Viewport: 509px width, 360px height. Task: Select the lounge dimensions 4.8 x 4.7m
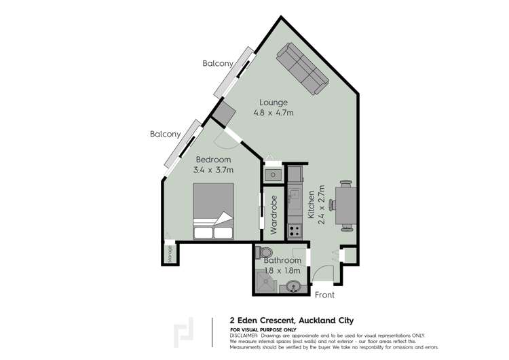pos(274,113)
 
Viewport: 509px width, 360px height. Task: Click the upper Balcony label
pos(218,63)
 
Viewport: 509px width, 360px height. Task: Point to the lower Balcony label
pos(166,134)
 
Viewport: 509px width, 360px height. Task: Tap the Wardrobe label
pos(274,215)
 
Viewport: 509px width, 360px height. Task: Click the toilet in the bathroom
pos(265,253)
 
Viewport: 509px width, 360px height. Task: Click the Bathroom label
pos(282,260)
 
